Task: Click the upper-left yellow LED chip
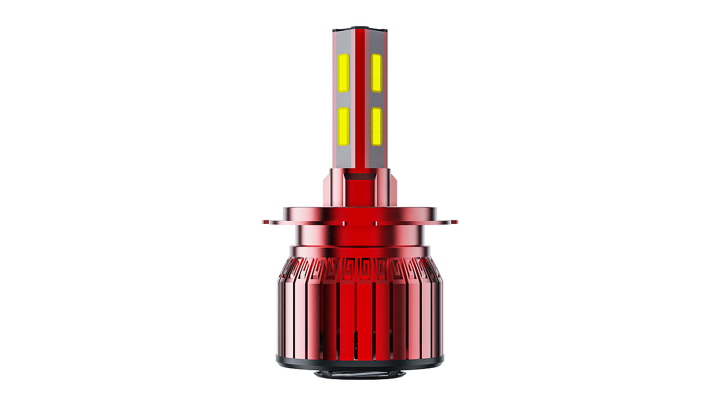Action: (343, 73)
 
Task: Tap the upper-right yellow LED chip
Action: (376, 73)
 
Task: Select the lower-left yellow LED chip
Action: (343, 126)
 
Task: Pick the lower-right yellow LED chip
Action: (376, 126)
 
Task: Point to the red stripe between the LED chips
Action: (360, 98)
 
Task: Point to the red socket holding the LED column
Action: (360, 188)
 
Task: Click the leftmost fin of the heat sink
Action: (282, 309)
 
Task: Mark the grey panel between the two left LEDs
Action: (343, 100)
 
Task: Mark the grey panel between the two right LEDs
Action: (376, 100)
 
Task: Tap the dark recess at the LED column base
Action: (360, 176)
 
